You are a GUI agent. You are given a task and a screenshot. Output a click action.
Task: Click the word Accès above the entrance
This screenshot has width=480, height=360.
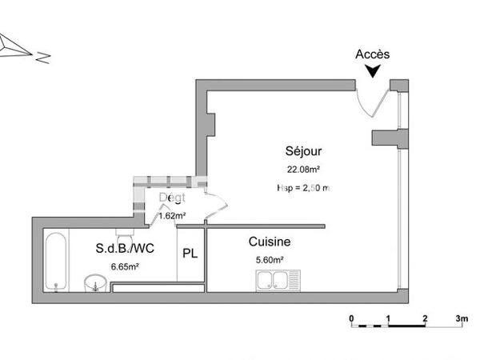click(x=373, y=54)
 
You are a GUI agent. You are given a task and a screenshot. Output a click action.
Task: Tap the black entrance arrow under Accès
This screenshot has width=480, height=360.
click(x=373, y=71)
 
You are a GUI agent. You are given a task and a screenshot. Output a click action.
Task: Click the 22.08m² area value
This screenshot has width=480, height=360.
click(x=304, y=169)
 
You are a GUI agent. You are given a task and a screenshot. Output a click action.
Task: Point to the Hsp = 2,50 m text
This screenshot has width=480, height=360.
click(x=303, y=187)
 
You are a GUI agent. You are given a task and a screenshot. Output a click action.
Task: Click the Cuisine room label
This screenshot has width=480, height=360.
click(x=270, y=242)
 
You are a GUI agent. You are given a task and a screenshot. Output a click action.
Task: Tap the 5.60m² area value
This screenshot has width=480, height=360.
click(x=270, y=259)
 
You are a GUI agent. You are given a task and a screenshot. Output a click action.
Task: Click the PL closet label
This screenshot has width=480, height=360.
click(x=190, y=254)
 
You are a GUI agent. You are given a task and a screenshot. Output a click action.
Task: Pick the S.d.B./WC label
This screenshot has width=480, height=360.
click(x=125, y=249)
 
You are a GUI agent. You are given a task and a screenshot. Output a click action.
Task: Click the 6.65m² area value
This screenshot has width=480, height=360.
click(x=125, y=266)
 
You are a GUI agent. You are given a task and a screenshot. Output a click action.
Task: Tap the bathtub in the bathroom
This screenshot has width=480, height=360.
click(x=56, y=261)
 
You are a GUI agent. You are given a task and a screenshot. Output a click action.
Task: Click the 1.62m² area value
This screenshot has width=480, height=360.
click(x=172, y=215)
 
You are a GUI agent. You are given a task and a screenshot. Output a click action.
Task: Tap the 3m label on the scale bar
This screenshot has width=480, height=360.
click(x=462, y=318)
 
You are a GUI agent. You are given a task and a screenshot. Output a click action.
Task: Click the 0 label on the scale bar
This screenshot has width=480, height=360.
click(x=352, y=318)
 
